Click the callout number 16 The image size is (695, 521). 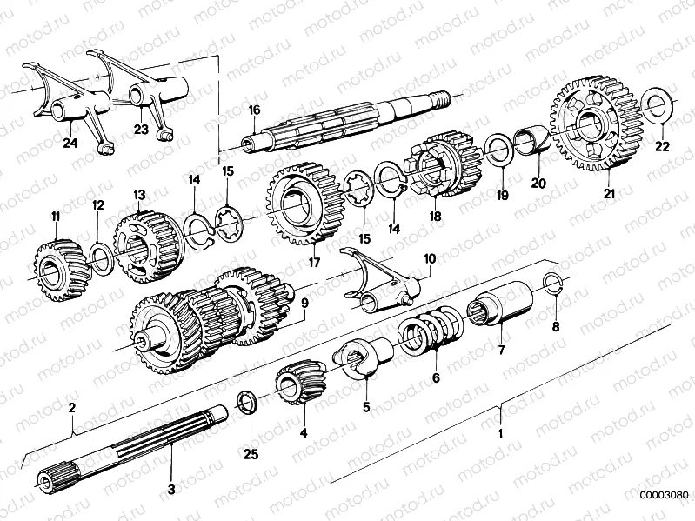coord(254,110)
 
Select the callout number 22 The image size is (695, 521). coord(663,146)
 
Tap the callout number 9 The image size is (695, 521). coord(304,305)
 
